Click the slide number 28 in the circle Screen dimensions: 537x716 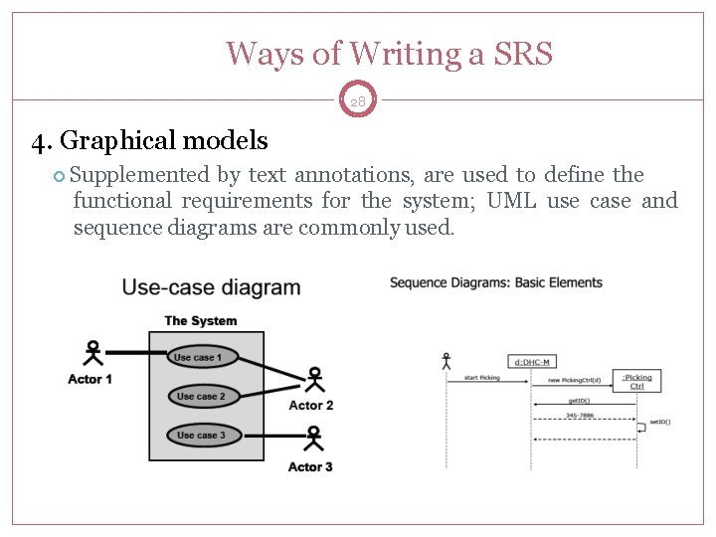pos(358,100)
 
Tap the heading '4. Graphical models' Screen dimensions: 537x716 pos(149,141)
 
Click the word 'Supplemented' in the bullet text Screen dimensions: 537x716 pos(140,175)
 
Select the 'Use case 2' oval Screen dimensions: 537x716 pos(202,396)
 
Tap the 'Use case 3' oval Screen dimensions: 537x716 pos(202,435)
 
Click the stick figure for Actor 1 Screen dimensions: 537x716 pos(92,354)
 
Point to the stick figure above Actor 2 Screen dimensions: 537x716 pos(314,381)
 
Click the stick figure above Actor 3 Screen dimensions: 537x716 pos(314,440)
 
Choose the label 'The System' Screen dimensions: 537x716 pos(201,320)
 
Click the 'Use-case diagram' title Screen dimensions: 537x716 pos(211,288)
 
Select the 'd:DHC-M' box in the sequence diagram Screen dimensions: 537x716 pos(533,362)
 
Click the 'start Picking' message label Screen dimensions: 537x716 pos(483,378)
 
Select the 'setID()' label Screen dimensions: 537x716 pos(660,423)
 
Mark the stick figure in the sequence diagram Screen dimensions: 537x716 pos(446,360)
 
